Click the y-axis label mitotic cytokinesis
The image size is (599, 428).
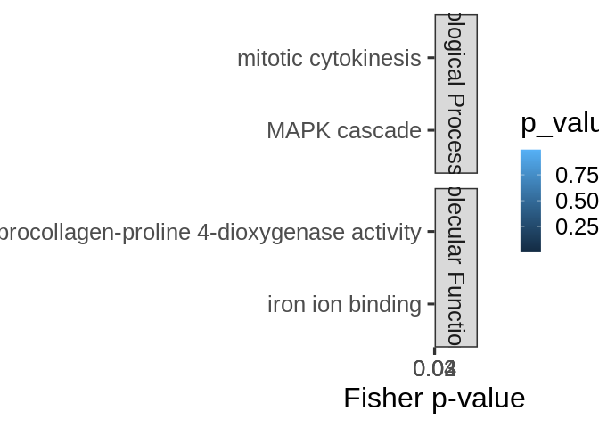(x=328, y=59)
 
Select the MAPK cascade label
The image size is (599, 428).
(x=343, y=131)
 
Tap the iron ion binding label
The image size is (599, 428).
(x=344, y=305)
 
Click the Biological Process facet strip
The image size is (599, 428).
(x=455, y=94)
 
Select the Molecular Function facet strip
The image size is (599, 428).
(x=455, y=267)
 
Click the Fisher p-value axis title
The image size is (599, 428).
(x=434, y=398)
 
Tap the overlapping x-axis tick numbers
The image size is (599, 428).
(x=435, y=368)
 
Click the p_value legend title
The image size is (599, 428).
(x=559, y=124)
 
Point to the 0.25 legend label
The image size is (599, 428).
(x=576, y=227)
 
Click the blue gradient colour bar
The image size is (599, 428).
(x=530, y=201)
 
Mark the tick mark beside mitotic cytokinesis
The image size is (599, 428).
(x=431, y=58)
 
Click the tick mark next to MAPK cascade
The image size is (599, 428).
(x=431, y=130)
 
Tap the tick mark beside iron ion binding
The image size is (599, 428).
(x=431, y=304)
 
